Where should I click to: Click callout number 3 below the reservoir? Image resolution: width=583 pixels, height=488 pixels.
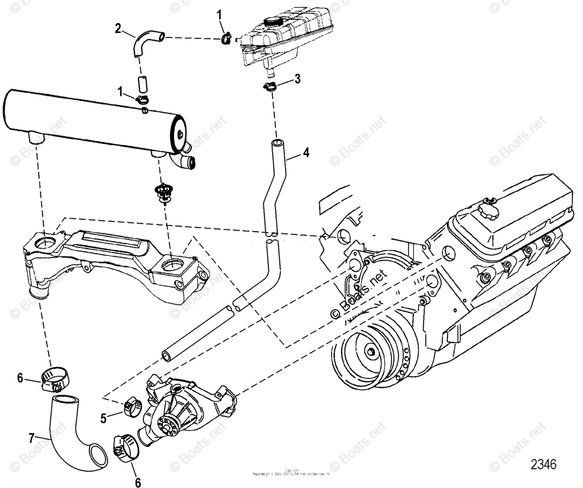tap(297, 78)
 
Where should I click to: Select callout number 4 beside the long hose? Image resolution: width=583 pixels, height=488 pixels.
tap(305, 152)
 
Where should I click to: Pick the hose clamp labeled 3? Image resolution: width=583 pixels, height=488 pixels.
tap(271, 87)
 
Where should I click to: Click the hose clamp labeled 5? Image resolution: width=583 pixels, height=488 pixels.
tap(132, 405)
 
